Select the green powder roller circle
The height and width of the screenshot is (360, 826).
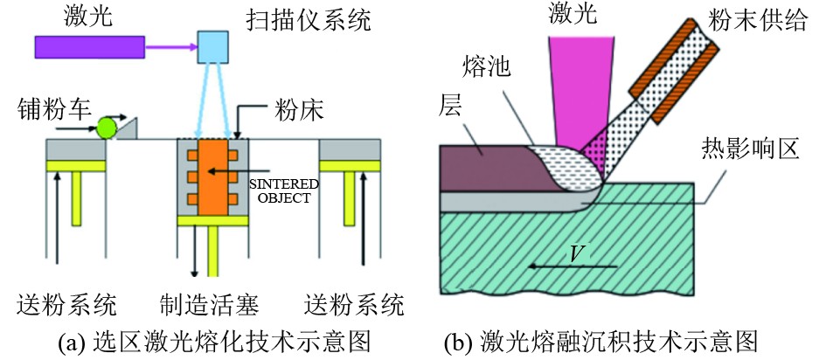pyautogui.click(x=107, y=128)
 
